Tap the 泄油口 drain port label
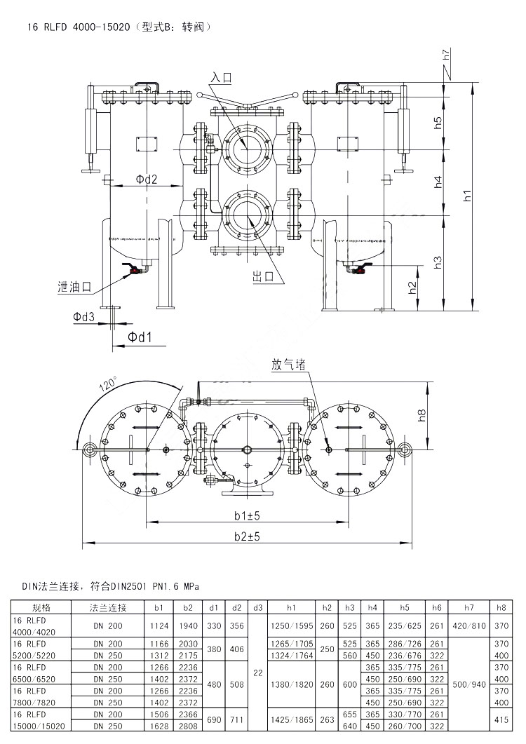coord(75,287)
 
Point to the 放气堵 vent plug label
coord(288,365)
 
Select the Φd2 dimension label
coord(146,180)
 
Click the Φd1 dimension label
coord(140,338)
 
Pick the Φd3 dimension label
coord(83,318)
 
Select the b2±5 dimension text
coord(247,536)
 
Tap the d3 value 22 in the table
coord(257,672)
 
